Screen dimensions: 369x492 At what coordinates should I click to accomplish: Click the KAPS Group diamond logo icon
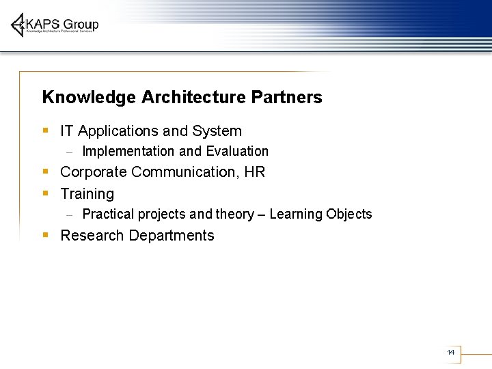[18, 25]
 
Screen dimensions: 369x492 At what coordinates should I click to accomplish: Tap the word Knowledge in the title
[89, 98]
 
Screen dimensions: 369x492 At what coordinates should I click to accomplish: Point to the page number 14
[450, 352]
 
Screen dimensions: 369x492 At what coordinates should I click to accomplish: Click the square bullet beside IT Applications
[45, 129]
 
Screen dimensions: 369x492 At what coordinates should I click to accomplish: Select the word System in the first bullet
[217, 131]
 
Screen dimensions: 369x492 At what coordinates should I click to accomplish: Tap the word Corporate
[94, 172]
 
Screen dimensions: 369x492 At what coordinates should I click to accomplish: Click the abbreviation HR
[254, 172]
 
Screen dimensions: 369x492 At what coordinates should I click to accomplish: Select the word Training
[87, 194]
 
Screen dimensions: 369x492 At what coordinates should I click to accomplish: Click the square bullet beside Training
[45, 192]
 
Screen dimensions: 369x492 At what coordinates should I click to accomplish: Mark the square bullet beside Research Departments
[45, 234]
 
